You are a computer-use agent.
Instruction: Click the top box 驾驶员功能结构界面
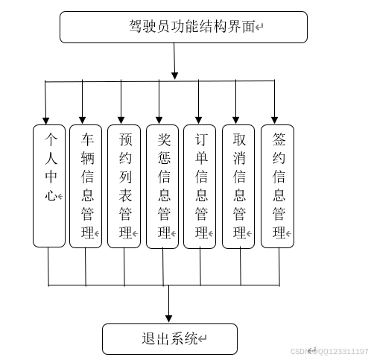click(183, 28)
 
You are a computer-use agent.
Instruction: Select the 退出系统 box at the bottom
click(170, 338)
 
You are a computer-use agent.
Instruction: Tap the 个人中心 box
click(49, 186)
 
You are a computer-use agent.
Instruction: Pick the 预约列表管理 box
click(124, 186)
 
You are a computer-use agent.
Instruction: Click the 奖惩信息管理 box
click(162, 186)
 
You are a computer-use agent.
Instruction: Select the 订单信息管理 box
click(200, 186)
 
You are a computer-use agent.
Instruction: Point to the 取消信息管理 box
click(238, 186)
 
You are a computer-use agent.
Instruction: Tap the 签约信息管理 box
click(277, 186)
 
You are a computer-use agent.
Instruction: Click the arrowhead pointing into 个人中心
click(46, 119)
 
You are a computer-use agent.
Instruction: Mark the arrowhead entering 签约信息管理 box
click(274, 119)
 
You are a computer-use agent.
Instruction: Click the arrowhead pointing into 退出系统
click(169, 319)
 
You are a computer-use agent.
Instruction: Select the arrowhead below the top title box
click(175, 75)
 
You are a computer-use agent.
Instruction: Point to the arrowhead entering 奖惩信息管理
click(159, 119)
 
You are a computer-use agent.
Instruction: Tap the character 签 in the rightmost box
click(279, 139)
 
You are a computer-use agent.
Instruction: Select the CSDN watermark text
click(328, 351)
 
